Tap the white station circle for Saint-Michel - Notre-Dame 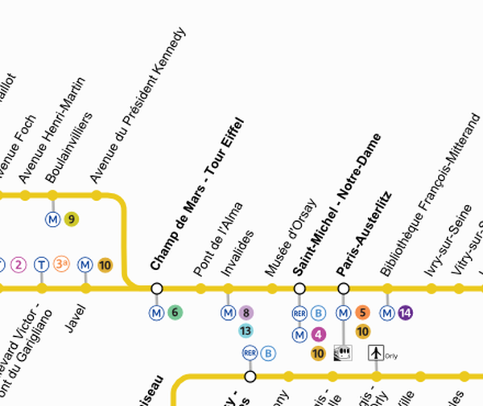(x=299, y=288)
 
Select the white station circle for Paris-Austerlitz (x=344, y=288)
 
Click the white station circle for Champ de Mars (x=157, y=288)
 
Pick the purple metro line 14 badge (x=405, y=312)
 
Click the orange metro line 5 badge (x=361, y=312)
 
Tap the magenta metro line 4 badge (x=318, y=334)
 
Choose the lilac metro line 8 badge (x=246, y=312)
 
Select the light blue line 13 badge (x=246, y=330)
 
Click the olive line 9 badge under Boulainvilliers (x=72, y=218)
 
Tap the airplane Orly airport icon (x=375, y=352)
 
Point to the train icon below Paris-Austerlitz (x=344, y=352)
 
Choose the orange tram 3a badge (x=62, y=264)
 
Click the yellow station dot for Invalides (x=227, y=288)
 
